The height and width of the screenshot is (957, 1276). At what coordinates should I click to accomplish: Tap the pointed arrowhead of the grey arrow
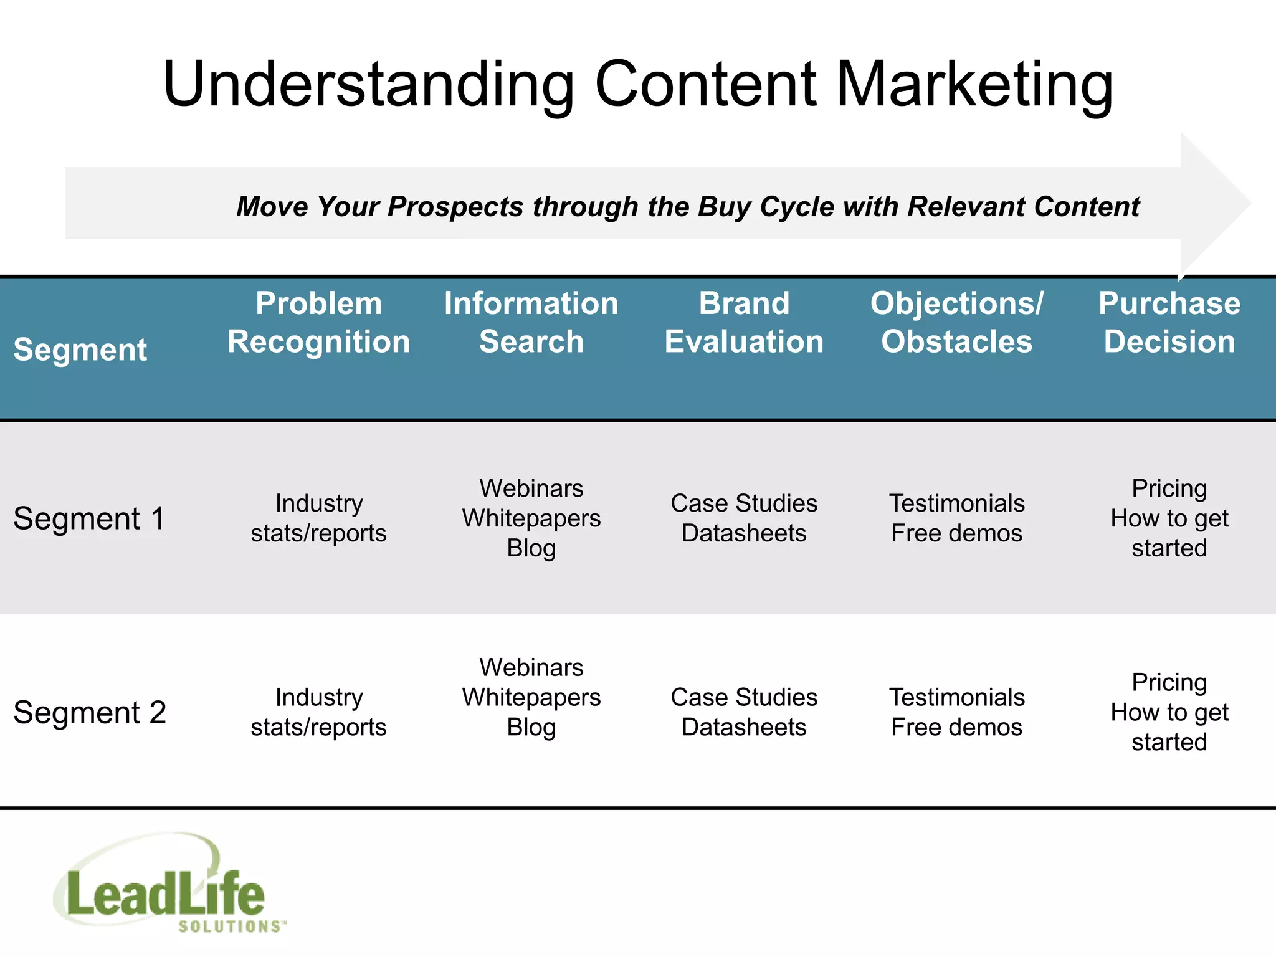pos(1221,202)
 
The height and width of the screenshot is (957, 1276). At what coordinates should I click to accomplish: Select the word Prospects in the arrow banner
pos(455,206)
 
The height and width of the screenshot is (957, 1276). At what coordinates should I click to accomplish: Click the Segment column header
pos(80,349)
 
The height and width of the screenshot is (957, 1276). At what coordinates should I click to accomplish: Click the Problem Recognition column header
pos(318,322)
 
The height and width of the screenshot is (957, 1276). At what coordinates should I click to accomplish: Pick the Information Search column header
pos(531,322)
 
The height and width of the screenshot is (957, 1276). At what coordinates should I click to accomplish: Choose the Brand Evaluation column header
pos(744,322)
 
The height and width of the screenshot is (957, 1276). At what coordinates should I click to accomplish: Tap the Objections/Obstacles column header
pos(956,322)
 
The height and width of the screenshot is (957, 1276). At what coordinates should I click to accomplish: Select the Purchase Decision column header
pos(1169,322)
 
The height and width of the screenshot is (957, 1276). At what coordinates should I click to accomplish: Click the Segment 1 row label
pos(89,518)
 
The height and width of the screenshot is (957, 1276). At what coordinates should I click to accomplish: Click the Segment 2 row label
pos(89,712)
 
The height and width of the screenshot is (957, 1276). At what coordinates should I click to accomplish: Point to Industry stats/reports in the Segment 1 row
pos(318,518)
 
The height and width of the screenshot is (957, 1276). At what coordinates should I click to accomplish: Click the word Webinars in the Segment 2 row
pos(531,667)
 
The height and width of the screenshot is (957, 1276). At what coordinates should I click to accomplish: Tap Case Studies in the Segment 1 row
pos(744,503)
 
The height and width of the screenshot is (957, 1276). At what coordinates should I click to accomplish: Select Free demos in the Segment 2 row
pos(956,727)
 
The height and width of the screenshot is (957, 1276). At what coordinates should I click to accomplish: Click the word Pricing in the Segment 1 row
pos(1169,488)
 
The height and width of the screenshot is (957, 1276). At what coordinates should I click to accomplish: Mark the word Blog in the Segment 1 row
pos(531,548)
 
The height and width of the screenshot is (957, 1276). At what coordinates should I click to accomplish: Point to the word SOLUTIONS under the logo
pos(229,926)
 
